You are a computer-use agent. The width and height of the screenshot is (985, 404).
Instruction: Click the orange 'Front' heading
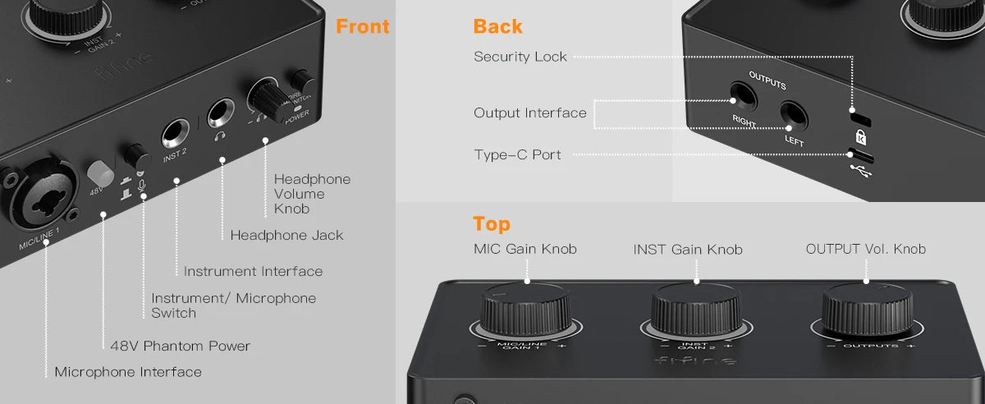click(x=362, y=26)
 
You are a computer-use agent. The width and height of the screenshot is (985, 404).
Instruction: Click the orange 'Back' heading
click(x=497, y=26)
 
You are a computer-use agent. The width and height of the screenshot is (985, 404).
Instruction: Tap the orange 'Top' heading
click(x=491, y=223)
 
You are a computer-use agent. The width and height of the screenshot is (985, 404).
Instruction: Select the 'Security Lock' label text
click(x=520, y=57)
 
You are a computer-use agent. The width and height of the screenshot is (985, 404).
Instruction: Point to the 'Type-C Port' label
click(x=517, y=154)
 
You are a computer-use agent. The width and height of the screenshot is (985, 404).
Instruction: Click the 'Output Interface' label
click(x=529, y=112)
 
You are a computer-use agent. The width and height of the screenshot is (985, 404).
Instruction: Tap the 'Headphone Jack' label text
click(x=286, y=235)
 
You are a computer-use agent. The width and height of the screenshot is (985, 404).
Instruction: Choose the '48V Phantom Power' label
click(x=180, y=346)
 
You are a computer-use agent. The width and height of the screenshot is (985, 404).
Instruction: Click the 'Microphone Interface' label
click(x=127, y=372)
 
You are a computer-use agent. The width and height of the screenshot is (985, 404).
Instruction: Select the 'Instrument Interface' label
click(x=253, y=271)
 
